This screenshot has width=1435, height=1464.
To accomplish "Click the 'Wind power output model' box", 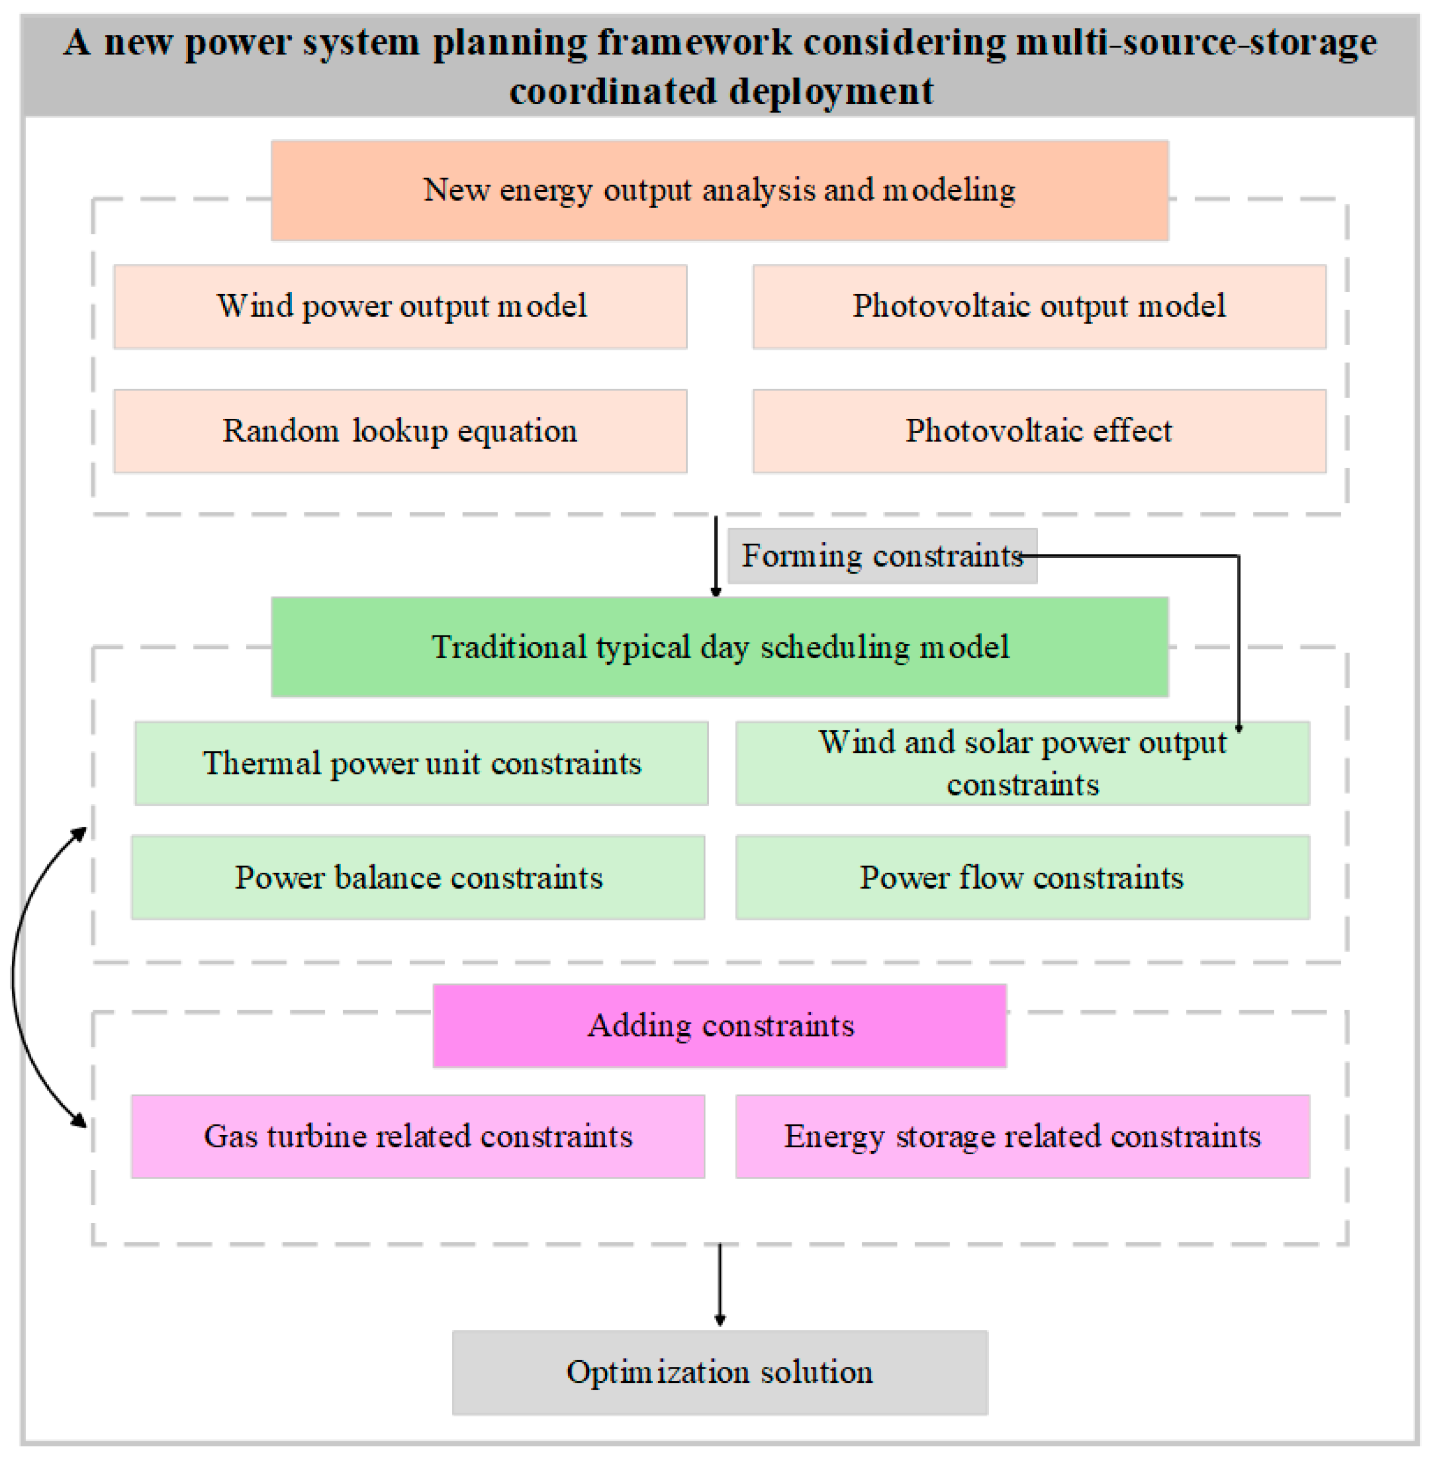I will (400, 306).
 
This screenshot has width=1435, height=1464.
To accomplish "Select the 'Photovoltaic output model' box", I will (1039, 306).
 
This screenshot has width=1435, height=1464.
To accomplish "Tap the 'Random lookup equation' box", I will (400, 431).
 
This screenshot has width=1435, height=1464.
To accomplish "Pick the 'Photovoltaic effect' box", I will (1039, 431).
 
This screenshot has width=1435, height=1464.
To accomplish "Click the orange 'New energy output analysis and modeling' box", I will (719, 190).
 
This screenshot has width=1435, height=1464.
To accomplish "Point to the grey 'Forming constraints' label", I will (882, 556).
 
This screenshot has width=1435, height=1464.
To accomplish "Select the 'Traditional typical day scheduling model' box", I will (719, 646).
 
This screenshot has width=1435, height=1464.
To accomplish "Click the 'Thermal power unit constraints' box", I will (421, 763).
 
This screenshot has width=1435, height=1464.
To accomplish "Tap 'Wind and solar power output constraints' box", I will (1022, 763).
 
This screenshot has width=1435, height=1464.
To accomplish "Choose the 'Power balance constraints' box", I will (418, 877).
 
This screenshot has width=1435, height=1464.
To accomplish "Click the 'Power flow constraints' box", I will (1022, 877).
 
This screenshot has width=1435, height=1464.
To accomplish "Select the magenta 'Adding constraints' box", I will (719, 1025).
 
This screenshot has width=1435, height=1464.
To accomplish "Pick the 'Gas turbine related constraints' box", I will (418, 1136).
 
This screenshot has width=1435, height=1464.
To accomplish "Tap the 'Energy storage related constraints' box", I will (1022, 1136).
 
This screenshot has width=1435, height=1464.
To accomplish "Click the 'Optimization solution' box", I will (719, 1372).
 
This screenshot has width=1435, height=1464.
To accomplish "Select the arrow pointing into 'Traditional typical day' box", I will (715, 556).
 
